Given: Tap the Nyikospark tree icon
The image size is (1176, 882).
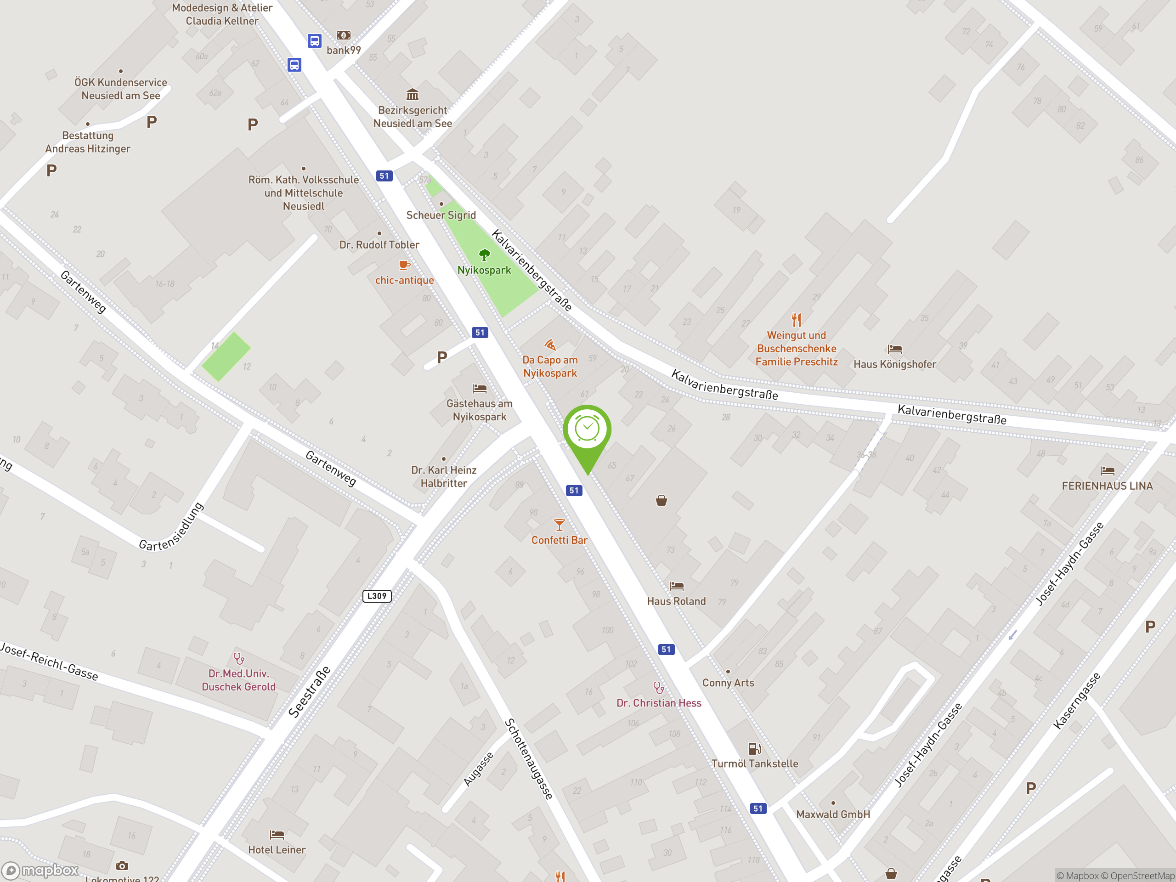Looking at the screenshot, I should tap(484, 254).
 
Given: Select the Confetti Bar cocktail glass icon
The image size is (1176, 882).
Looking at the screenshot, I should tap(560, 525).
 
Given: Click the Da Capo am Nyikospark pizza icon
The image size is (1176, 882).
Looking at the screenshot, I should tap(550, 345).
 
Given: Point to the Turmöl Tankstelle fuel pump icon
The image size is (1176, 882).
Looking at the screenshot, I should tap(754, 749).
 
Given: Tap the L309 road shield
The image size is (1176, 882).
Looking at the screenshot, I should tap(377, 596).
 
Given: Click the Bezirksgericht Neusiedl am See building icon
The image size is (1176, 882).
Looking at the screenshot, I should tap(413, 95).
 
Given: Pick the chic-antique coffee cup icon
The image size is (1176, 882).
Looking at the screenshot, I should tap(405, 265).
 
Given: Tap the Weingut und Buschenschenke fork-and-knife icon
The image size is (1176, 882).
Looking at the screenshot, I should tap(797, 320).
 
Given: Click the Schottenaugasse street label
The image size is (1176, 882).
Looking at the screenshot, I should tap(529, 759).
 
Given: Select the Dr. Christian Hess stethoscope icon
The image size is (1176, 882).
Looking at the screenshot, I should tap(659, 688).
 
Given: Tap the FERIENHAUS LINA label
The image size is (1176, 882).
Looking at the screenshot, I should tap(1108, 486).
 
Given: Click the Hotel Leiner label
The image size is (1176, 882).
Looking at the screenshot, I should tap(277, 849).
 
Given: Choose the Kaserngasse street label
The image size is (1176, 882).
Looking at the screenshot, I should tap(1077, 700).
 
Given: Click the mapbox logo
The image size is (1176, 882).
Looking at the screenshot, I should tap(40, 871).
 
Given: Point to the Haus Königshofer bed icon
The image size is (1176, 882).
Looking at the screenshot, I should tap(895, 349).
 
